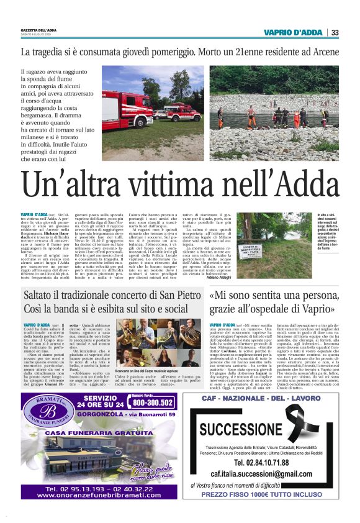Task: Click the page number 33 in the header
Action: [x=335, y=32]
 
